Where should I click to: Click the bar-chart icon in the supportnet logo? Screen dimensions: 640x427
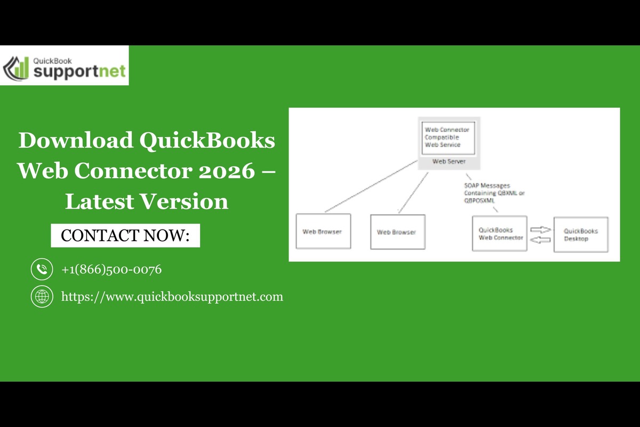pos(16,68)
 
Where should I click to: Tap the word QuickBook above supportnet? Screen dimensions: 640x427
pos(53,61)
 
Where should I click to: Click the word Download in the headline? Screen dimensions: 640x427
pos(76,140)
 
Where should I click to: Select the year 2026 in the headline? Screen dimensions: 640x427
pos(227,171)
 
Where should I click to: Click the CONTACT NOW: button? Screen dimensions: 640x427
pos(125,235)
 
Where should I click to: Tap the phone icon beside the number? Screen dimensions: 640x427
pos(42,269)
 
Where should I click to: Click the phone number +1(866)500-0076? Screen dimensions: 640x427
pos(111,270)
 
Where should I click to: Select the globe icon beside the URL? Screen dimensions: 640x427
pos(42,297)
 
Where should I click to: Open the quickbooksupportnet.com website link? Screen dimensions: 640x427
pos(172,297)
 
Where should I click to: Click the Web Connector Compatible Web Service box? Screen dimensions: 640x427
pos(449,138)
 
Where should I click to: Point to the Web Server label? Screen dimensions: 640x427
pos(449,162)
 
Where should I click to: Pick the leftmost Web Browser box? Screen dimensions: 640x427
pos(323,231)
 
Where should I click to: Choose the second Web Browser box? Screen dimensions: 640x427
pos(398,232)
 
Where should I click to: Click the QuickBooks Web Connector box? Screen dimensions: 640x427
pos(499,234)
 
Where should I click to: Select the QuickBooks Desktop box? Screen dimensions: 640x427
pos(581,234)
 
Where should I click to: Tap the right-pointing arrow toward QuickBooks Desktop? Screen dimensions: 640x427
pos(540,230)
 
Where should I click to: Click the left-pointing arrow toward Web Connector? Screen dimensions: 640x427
pos(540,240)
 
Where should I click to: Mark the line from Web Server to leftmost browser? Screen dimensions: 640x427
pos(371,186)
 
